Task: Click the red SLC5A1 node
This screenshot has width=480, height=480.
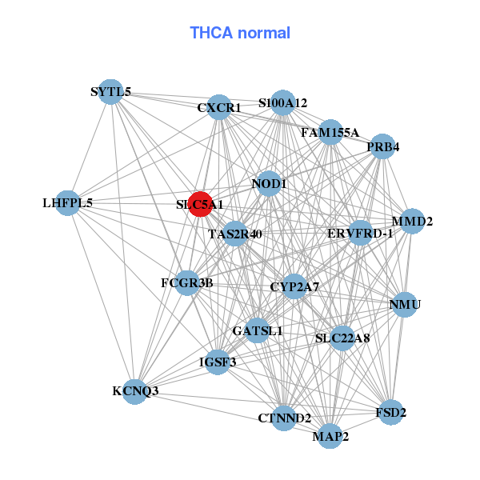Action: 199,204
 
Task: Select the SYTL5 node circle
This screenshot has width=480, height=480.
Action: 112,92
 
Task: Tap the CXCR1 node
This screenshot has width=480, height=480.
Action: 219,107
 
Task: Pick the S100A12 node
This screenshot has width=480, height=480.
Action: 282,103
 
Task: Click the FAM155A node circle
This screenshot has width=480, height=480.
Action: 330,132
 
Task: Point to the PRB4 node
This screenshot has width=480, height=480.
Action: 382,147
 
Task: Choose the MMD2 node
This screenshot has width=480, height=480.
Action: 410,221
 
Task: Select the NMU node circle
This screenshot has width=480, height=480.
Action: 404,305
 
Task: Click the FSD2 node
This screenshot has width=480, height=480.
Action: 390,413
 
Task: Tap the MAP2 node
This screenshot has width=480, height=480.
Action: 330,436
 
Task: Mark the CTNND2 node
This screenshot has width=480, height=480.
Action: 284,418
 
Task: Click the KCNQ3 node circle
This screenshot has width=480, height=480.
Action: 136,391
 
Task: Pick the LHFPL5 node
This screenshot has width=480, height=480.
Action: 68,203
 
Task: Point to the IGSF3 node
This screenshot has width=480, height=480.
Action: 217,362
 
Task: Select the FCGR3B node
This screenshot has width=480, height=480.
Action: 186,282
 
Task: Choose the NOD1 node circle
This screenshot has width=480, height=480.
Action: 270,184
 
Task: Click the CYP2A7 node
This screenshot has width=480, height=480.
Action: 294,286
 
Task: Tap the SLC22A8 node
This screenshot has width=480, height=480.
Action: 342,338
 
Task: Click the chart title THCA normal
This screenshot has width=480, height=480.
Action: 240,33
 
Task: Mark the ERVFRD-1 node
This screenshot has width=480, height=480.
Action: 360,234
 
